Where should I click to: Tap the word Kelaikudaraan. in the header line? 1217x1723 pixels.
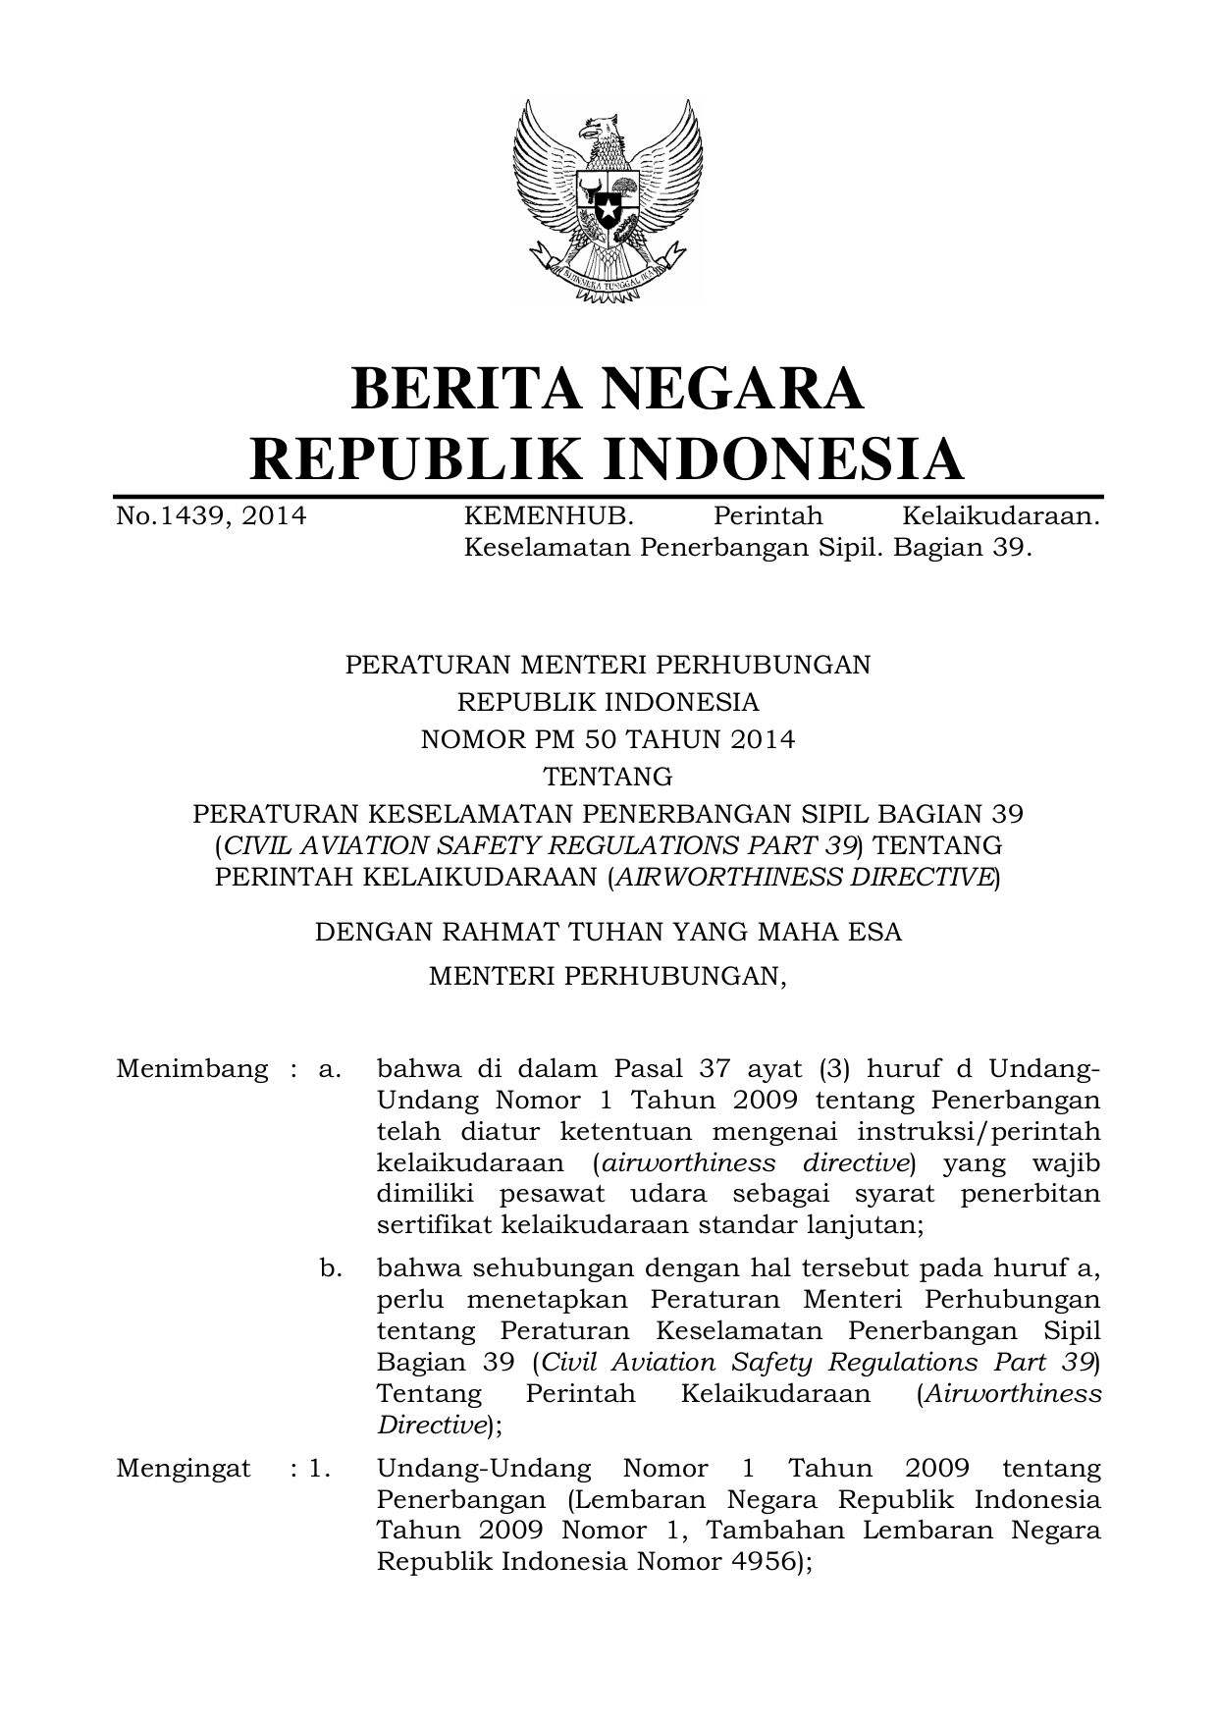coord(1000,515)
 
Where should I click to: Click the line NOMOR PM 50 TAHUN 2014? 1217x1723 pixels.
coord(608,739)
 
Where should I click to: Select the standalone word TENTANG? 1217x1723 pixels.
coord(608,777)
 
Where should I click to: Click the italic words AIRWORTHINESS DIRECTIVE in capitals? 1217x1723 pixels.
coord(804,877)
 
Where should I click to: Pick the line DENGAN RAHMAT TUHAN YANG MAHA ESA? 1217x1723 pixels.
coord(608,931)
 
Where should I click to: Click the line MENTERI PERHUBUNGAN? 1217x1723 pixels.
coord(608,977)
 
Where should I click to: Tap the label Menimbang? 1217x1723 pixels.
coord(191,1068)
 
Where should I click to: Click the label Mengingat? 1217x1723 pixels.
coord(183,1469)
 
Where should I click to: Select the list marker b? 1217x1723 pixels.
coord(331,1268)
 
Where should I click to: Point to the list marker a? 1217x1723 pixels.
coord(330,1068)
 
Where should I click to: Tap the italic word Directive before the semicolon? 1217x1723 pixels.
coord(431,1425)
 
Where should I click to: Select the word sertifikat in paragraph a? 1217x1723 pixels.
coord(435,1225)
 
